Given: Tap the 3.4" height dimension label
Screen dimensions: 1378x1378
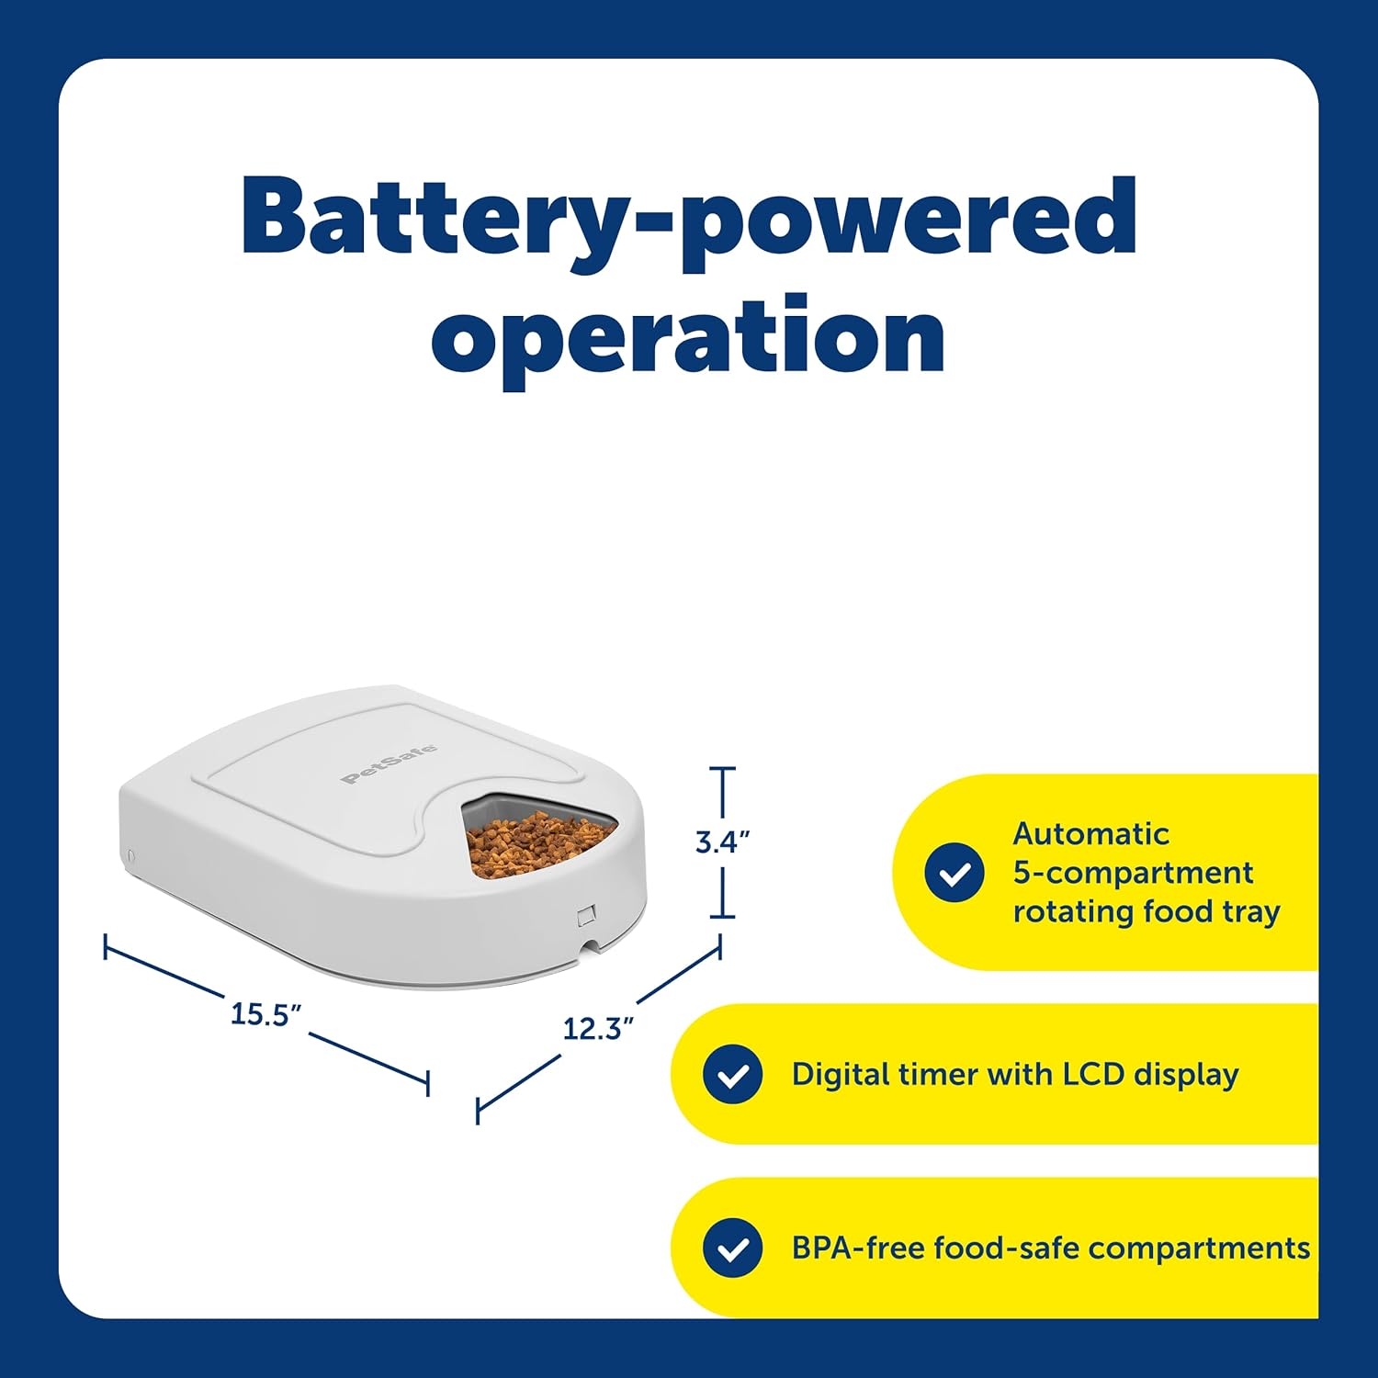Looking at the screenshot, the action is coord(722,842).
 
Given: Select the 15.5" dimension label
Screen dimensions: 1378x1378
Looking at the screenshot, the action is coord(265,1014).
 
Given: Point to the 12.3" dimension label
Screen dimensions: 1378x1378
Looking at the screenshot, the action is coord(598,1028).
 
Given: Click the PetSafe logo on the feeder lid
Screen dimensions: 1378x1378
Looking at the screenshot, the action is coord(389,764).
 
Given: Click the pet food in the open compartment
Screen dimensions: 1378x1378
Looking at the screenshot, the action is coord(538,841).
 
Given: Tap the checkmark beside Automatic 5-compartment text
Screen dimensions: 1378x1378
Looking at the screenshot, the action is coord(954,873).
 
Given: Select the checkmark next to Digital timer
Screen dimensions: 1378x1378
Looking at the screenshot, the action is coord(732,1074).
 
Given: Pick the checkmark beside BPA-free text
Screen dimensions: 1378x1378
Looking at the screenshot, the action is coord(732,1248).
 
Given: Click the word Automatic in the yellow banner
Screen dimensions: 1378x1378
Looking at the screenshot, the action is coord(1090,834).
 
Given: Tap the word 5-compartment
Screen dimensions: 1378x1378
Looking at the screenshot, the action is coord(1133,874).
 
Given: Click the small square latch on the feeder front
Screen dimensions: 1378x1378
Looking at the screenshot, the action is coord(586,916).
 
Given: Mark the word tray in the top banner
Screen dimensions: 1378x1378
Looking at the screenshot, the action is coord(1251,913).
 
